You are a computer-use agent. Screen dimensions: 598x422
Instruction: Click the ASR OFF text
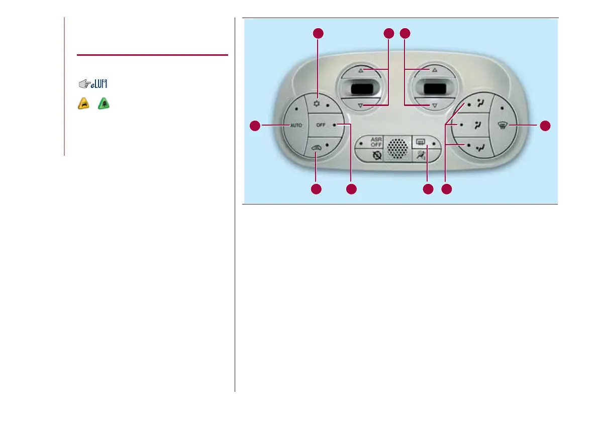pyautogui.click(x=376, y=142)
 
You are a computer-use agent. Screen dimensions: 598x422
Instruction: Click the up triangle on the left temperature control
pyautogui.click(x=360, y=71)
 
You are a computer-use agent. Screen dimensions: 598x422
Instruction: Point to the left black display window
pyautogui.click(x=360, y=90)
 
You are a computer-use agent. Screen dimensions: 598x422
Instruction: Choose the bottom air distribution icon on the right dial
pyautogui.click(x=481, y=147)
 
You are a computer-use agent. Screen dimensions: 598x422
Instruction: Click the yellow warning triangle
pyautogui.click(x=83, y=104)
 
